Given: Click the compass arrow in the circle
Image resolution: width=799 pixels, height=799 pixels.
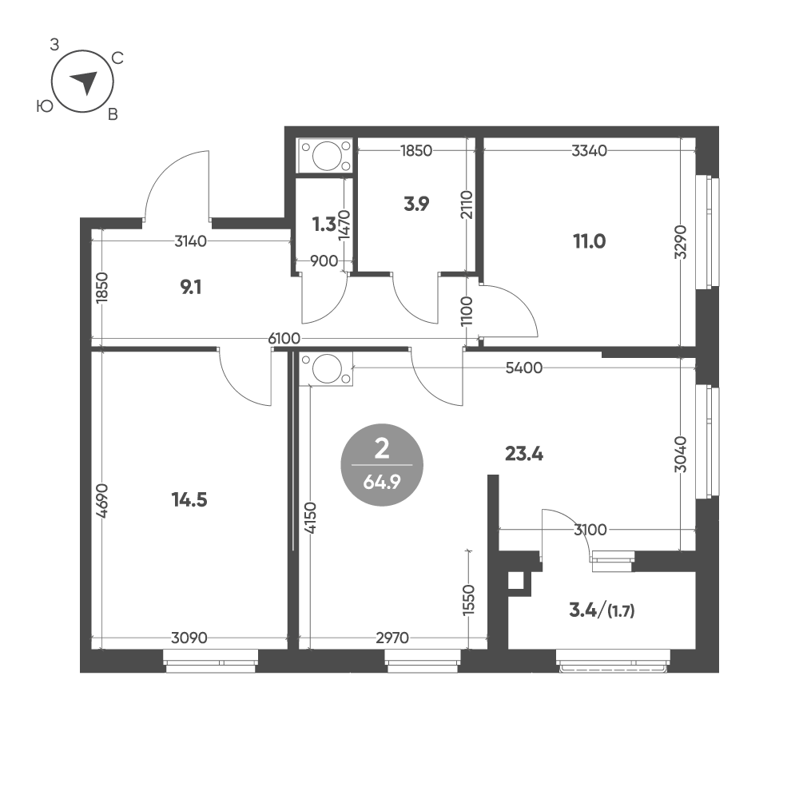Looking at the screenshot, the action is [x=85, y=82].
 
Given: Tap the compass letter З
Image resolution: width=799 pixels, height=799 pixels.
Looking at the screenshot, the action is [x=54, y=46].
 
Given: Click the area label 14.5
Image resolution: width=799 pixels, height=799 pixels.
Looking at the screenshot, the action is [x=189, y=500].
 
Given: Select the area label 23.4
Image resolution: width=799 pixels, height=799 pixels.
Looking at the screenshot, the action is [x=524, y=453].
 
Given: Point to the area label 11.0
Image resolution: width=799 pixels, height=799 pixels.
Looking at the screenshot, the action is [x=590, y=241].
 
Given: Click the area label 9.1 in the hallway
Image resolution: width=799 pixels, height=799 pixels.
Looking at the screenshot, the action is [x=191, y=288].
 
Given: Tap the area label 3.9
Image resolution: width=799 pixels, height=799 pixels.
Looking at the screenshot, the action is [x=416, y=204].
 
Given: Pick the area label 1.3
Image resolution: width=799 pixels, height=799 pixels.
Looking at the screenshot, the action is [x=324, y=225].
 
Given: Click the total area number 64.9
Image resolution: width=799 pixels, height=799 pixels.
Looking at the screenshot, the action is [x=382, y=482].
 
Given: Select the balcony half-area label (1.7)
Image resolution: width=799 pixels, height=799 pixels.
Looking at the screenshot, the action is [x=621, y=610].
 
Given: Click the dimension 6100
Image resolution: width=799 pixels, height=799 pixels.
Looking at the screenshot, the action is [x=284, y=338].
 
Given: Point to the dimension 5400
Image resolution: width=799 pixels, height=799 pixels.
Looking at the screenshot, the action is [x=524, y=368].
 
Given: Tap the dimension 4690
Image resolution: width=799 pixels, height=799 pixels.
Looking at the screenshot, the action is [x=102, y=501].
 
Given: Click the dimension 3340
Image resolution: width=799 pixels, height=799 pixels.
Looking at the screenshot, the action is [x=590, y=150].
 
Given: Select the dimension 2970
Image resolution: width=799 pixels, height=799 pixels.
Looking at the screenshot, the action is [x=392, y=638].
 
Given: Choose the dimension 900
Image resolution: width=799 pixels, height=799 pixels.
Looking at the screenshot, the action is [x=324, y=261].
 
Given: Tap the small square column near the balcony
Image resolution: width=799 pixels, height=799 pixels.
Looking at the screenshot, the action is [x=516, y=581].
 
